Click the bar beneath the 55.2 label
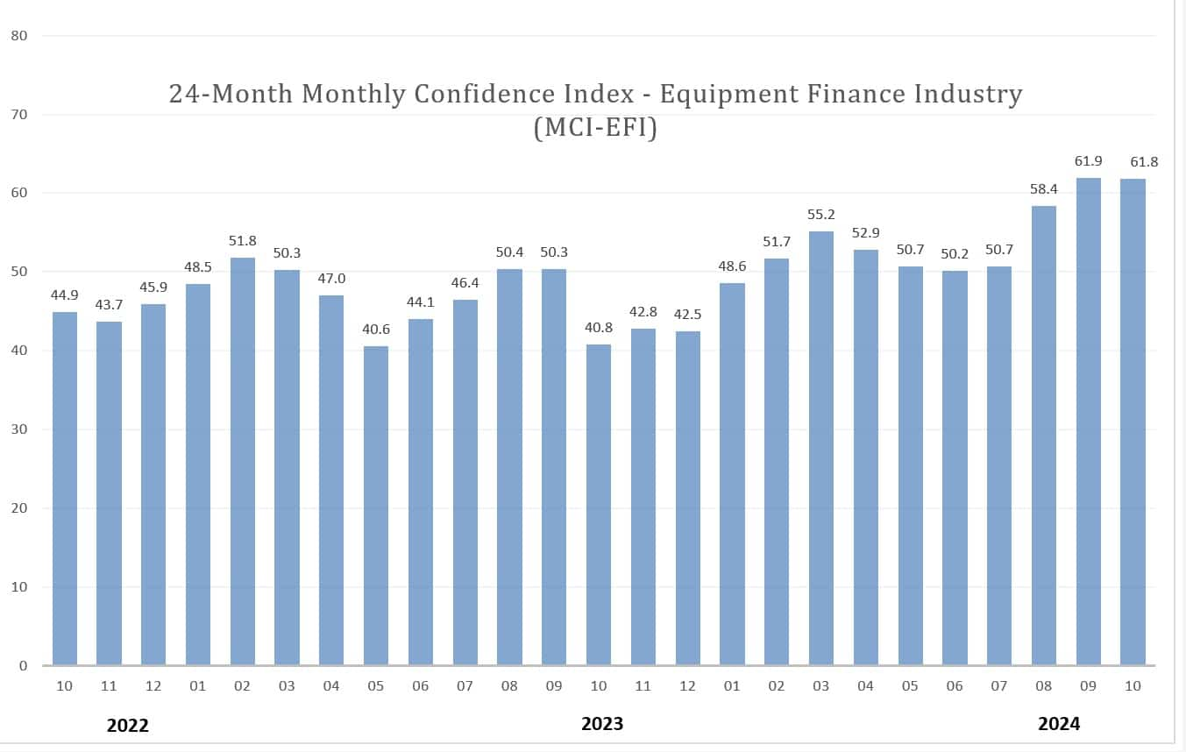(821, 447)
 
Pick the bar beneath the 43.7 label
(109, 493)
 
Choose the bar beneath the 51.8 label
(243, 461)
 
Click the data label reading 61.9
(1088, 161)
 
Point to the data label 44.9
(64, 294)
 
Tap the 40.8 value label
(598, 327)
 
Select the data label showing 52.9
(865, 232)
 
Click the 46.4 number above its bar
(465, 283)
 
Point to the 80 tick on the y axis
(19, 36)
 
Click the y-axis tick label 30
(19, 429)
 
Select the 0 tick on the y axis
(23, 666)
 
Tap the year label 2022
(128, 726)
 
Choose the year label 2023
(602, 724)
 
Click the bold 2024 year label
(1059, 724)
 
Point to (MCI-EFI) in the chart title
(594, 128)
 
